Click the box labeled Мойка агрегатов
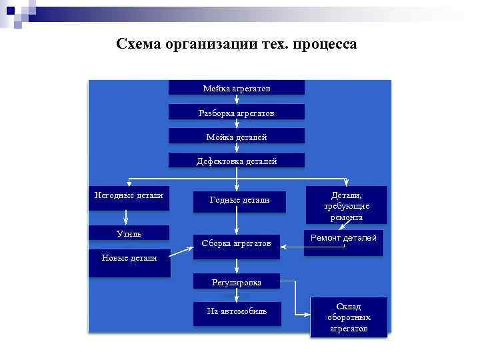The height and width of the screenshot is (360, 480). click(237, 87)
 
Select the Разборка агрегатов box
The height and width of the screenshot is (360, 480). click(237, 112)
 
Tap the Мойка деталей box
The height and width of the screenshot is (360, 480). click(237, 136)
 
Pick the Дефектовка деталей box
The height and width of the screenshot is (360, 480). click(237, 160)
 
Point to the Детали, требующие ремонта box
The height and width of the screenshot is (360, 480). click(347, 205)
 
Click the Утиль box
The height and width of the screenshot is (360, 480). click(129, 233)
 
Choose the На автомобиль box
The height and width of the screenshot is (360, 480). click(237, 313)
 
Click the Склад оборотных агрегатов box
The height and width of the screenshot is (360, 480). click(348, 317)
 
